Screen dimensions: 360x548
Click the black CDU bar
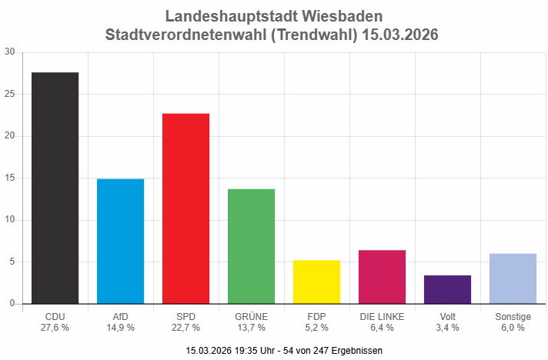[x=55, y=188]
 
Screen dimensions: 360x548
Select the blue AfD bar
[x=120, y=241]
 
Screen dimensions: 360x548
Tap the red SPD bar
[x=185, y=208]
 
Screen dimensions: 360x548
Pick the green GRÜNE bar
[x=251, y=246]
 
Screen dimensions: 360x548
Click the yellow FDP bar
[x=316, y=282]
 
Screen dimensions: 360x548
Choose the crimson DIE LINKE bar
[x=382, y=277]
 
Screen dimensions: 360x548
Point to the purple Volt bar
[x=447, y=289]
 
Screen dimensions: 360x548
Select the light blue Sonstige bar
[x=513, y=278]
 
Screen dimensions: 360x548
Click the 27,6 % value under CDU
[x=55, y=328]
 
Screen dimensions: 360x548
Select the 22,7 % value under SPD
[x=185, y=328]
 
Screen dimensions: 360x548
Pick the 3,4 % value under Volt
[x=447, y=328]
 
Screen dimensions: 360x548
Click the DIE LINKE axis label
[x=382, y=316]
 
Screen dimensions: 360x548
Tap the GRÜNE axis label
[x=251, y=316]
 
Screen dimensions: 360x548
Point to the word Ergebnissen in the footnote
[x=356, y=351]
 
